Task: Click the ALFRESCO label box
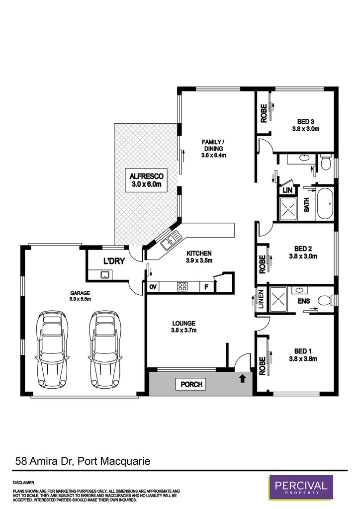[147, 180]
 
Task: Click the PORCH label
[190, 384]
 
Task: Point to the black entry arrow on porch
[243, 379]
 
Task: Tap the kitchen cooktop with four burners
[182, 286]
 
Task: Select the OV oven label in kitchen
[153, 286]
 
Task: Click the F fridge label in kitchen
[207, 286]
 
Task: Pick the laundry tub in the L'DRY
[105, 274]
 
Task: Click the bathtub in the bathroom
[326, 203]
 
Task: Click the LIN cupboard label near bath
[286, 190]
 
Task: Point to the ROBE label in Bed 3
[263, 113]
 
